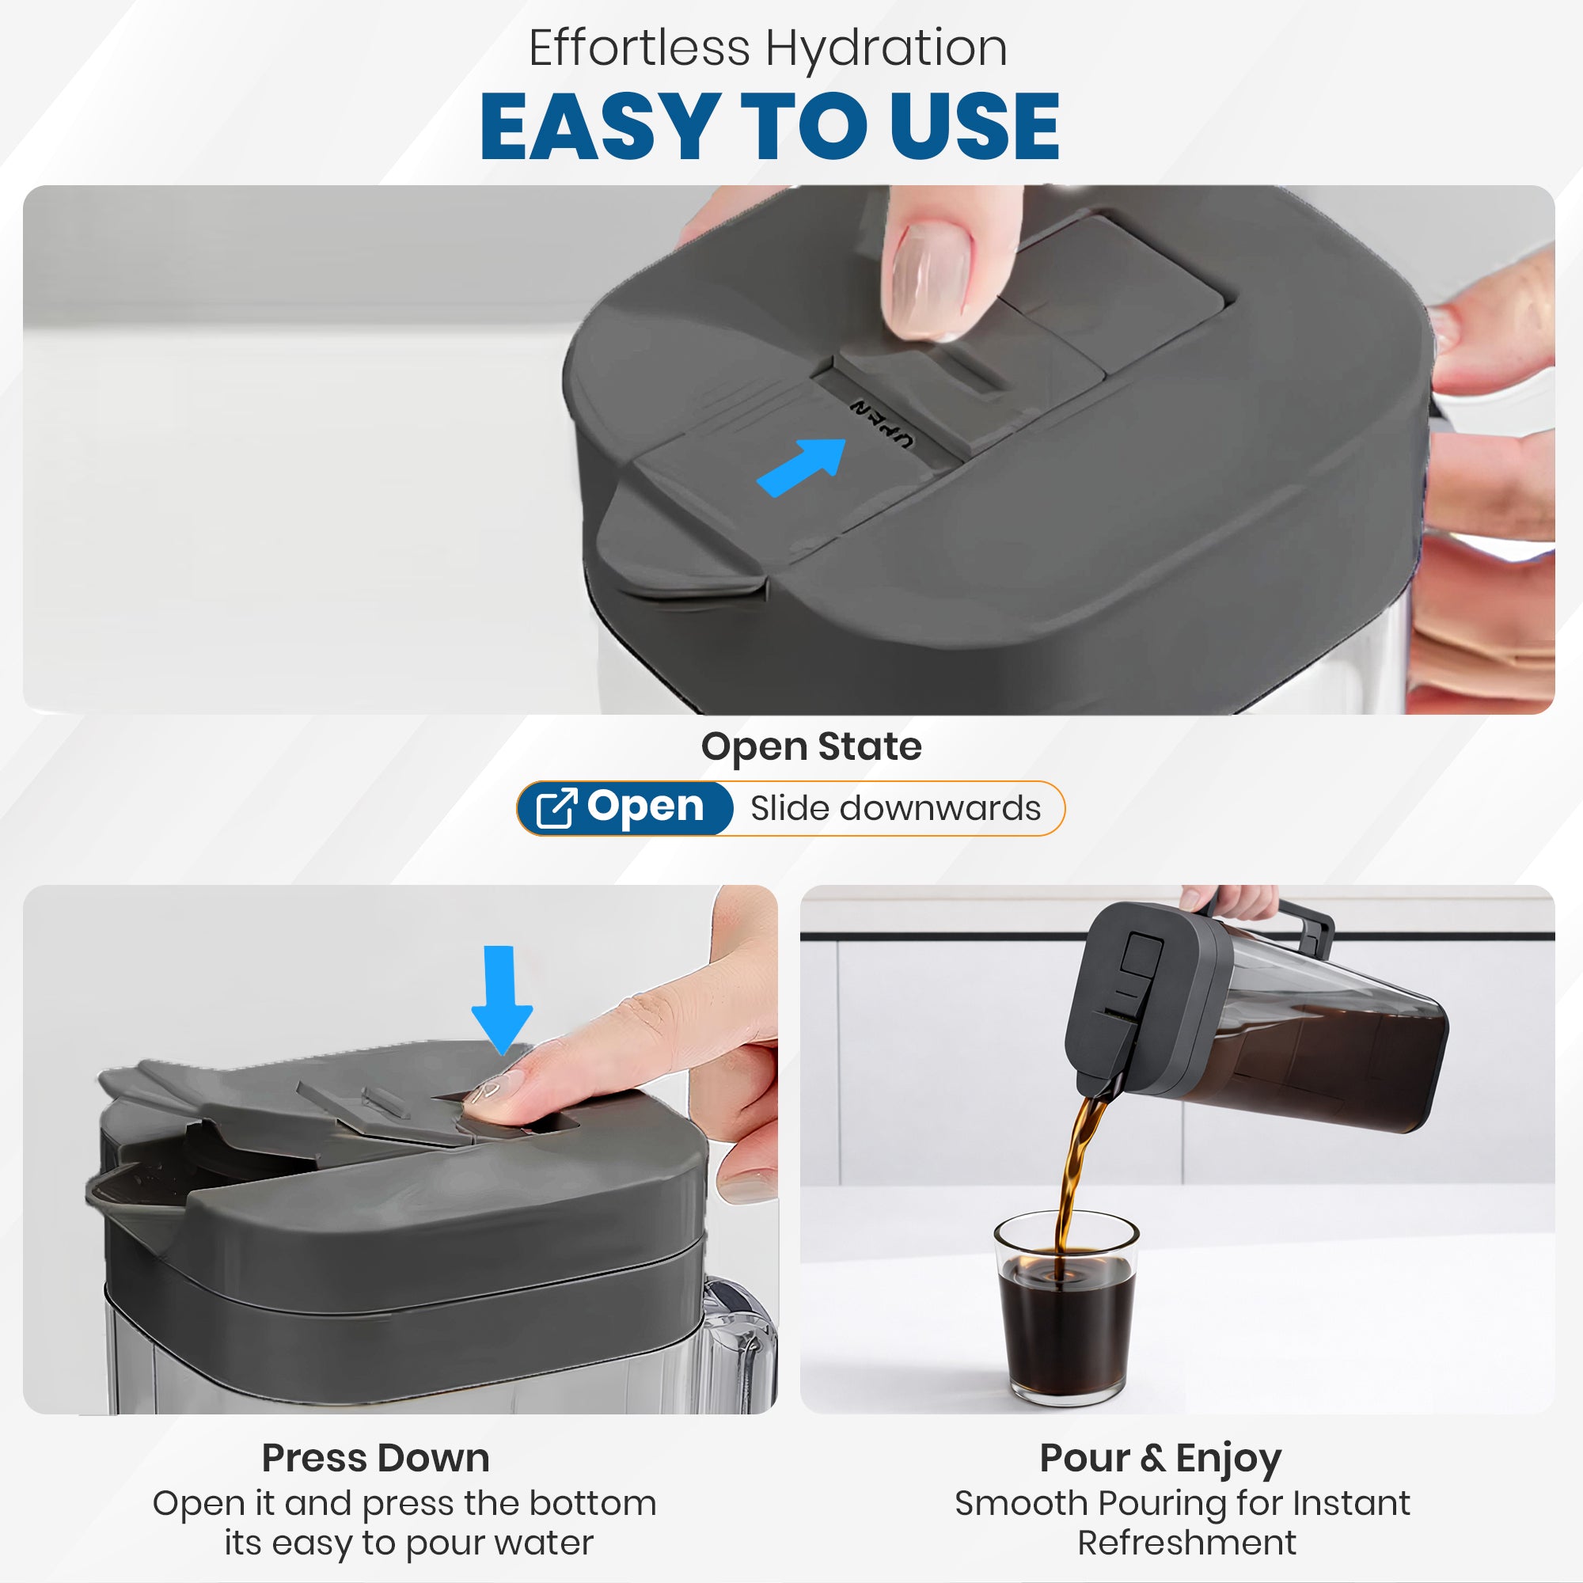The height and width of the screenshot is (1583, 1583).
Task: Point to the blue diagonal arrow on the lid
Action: pyautogui.click(x=801, y=467)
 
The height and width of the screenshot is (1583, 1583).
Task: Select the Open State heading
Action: pyautogui.click(x=811, y=746)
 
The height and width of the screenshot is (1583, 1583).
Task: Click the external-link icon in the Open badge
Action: pyautogui.click(x=556, y=808)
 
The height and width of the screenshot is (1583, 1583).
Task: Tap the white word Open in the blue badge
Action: pyautogui.click(x=646, y=808)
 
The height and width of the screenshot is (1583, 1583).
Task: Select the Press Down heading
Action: pyautogui.click(x=375, y=1458)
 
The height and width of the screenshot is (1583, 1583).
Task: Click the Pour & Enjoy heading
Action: pyautogui.click(x=1160, y=1460)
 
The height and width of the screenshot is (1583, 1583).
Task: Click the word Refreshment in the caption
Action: pyautogui.click(x=1186, y=1543)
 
